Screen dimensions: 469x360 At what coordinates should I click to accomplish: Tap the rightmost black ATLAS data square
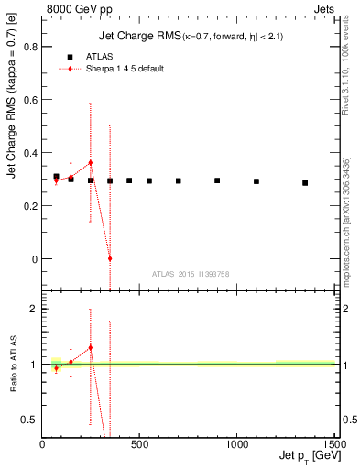click(305, 183)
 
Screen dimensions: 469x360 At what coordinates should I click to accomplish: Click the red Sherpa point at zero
click(110, 258)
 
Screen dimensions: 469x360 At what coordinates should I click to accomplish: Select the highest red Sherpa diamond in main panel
click(90, 162)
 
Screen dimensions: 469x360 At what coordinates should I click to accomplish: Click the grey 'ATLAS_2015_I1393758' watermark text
click(191, 274)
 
